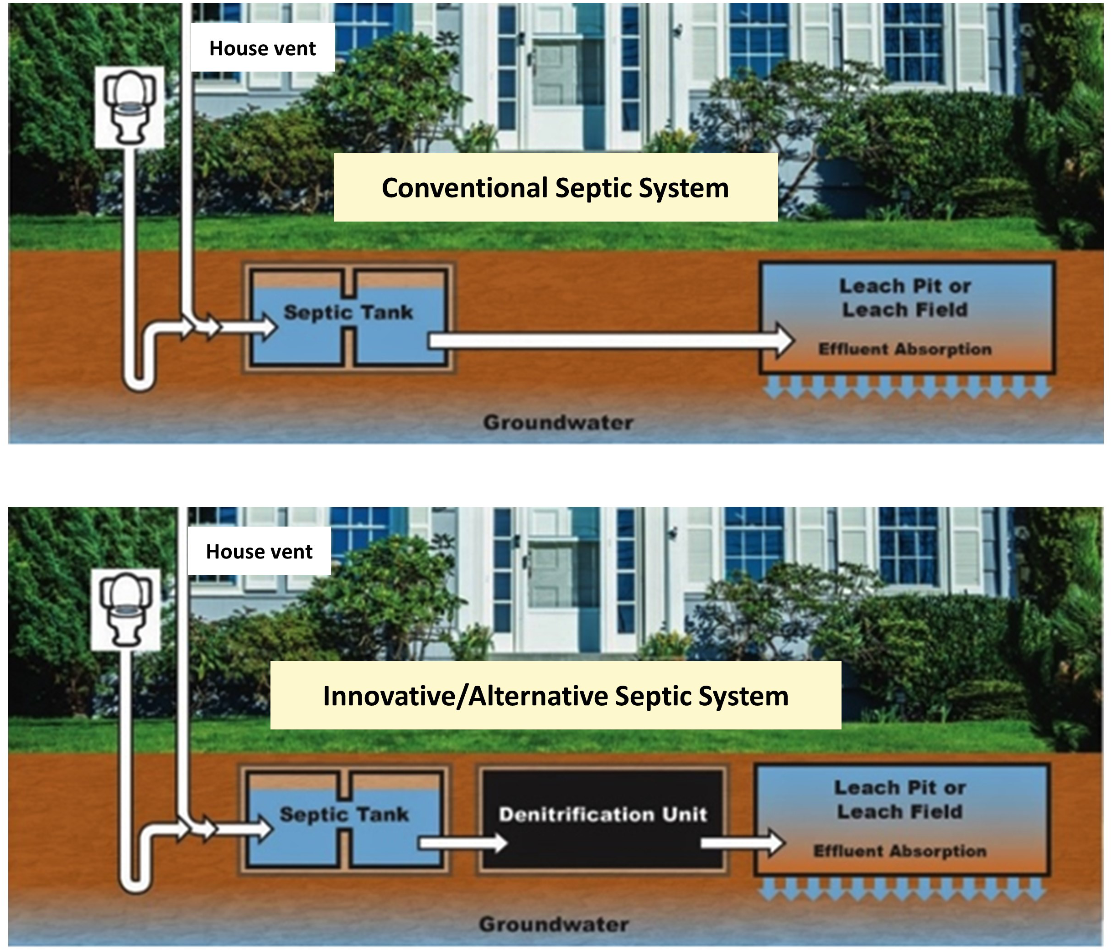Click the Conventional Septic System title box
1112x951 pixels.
(555, 187)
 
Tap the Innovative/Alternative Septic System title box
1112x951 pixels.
(555, 696)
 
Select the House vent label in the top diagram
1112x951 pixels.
(262, 48)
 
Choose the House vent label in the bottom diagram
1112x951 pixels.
(259, 551)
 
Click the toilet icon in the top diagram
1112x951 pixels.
(130, 107)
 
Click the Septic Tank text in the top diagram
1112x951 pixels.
(348, 312)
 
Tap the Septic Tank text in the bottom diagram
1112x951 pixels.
(344, 814)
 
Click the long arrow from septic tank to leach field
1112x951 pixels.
(607, 340)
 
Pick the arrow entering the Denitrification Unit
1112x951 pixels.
(462, 842)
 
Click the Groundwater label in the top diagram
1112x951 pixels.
(558, 423)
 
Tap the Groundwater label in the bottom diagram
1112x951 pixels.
(554, 924)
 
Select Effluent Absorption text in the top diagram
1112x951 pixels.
(905, 349)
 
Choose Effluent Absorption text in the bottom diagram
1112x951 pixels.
(900, 851)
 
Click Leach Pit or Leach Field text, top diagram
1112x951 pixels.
(905, 298)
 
